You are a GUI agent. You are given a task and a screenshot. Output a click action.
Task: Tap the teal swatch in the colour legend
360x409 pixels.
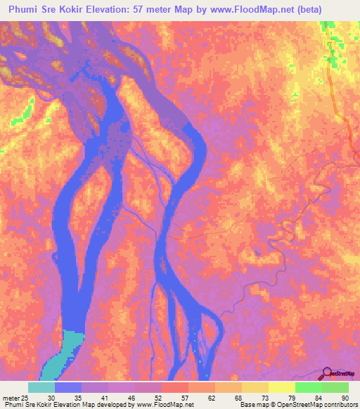coord(41,387)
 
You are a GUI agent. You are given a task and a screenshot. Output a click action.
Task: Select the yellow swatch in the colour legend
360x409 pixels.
coord(281,387)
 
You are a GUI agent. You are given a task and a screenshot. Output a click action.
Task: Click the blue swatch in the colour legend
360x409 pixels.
coord(68,387)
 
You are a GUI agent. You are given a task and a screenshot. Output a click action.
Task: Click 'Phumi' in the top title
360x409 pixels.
coord(24,11)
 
